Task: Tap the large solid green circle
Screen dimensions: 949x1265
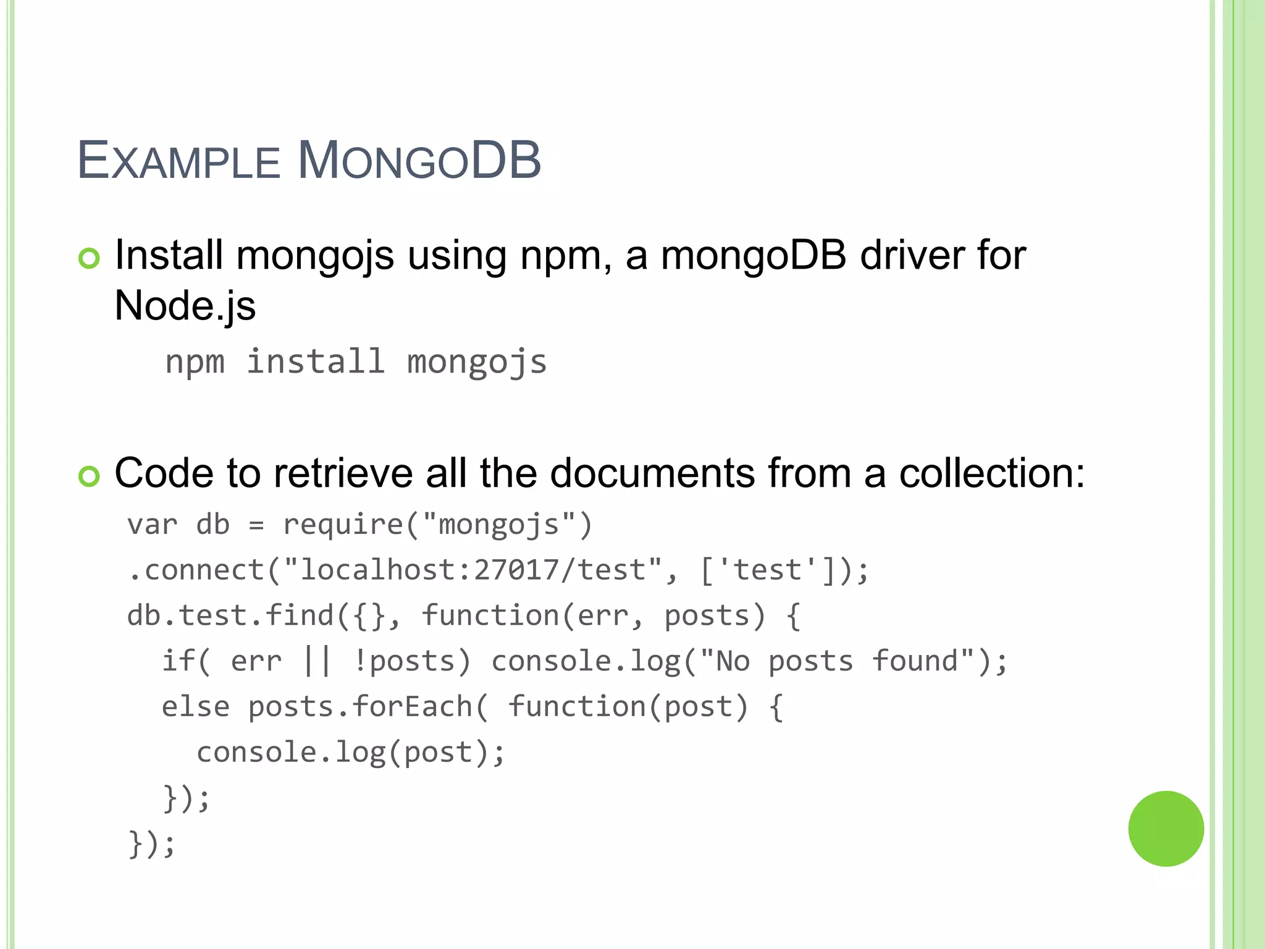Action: click(x=1166, y=829)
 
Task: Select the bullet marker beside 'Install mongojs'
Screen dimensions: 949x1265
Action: click(x=89, y=258)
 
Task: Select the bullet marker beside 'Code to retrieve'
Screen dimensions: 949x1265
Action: click(x=89, y=476)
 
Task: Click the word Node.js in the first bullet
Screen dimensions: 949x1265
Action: click(x=185, y=306)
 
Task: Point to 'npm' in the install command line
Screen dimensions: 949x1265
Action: click(x=195, y=362)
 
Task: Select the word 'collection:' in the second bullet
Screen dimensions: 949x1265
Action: click(x=991, y=473)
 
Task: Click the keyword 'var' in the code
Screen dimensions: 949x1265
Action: click(x=152, y=525)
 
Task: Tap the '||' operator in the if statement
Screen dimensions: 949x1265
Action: click(x=317, y=661)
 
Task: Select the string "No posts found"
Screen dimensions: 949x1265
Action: click(x=837, y=661)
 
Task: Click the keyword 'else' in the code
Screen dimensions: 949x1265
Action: click(x=195, y=707)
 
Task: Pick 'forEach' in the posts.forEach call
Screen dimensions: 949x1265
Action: click(x=412, y=707)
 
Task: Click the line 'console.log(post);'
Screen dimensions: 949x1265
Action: click(x=350, y=753)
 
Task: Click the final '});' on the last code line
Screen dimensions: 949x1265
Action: click(x=152, y=844)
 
